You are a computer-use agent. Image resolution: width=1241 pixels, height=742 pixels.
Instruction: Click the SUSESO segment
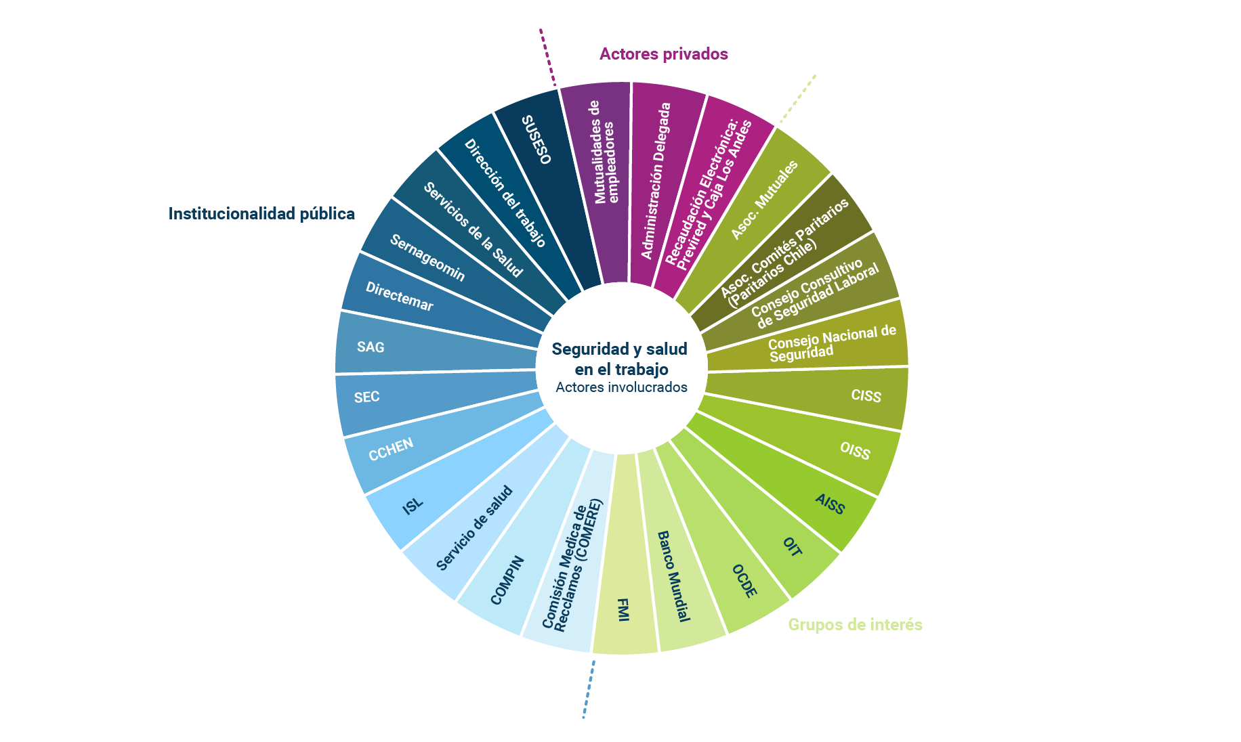click(537, 140)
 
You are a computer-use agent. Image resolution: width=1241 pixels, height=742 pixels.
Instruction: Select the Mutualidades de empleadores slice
click(604, 152)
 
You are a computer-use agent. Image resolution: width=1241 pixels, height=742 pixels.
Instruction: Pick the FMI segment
click(624, 609)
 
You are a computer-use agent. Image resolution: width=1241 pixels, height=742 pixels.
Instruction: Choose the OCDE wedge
click(744, 581)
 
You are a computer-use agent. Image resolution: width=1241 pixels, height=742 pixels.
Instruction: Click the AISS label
click(830, 504)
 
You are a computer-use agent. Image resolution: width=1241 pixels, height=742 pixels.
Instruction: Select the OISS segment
click(855, 450)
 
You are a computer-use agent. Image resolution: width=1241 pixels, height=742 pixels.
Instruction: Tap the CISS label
click(866, 395)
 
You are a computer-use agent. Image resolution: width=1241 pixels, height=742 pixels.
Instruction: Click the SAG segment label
click(371, 347)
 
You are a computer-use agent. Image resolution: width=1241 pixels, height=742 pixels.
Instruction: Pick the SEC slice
click(366, 397)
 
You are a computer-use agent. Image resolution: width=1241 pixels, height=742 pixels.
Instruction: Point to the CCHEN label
click(391, 450)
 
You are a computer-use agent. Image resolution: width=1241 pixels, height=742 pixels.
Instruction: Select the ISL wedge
click(413, 505)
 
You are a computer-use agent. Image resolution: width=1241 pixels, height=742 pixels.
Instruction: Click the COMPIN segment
click(507, 580)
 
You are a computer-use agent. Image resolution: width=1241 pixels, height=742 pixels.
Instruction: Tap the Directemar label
click(399, 297)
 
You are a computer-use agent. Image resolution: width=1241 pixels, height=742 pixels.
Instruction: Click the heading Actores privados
click(663, 54)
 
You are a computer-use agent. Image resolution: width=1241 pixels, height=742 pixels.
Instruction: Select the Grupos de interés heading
click(855, 624)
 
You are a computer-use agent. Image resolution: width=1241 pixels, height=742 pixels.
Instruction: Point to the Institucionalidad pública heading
click(261, 214)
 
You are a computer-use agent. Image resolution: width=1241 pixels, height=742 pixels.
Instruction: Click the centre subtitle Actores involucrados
click(621, 387)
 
